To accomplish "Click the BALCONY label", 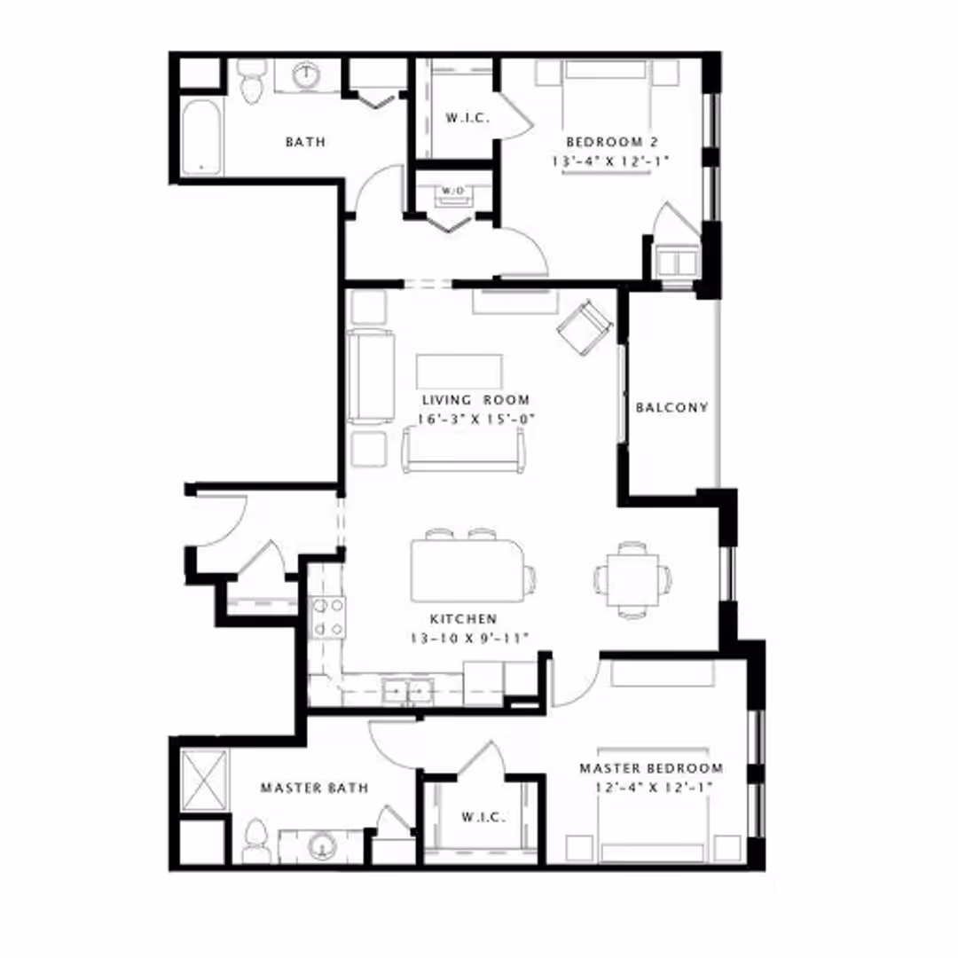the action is [671, 407].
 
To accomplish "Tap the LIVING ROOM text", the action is [476, 400].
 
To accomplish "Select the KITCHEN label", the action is [463, 619].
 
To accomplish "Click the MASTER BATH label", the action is [315, 789].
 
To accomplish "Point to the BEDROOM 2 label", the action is [611, 142].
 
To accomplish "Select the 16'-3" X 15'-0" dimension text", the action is [476, 419].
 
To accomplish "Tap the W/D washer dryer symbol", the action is [452, 194].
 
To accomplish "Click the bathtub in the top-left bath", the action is [201, 137].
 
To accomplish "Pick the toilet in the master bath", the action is [255, 841].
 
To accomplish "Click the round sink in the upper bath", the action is [306, 75].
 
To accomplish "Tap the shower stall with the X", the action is [205, 781].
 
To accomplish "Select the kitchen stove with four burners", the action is [328, 617].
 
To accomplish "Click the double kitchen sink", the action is [407, 691].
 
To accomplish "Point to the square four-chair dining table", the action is [632, 579].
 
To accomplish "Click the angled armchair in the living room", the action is [585, 326].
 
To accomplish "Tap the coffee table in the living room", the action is [459, 372].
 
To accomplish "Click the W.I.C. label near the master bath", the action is [483, 817].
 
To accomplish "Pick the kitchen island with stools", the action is [469, 568].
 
